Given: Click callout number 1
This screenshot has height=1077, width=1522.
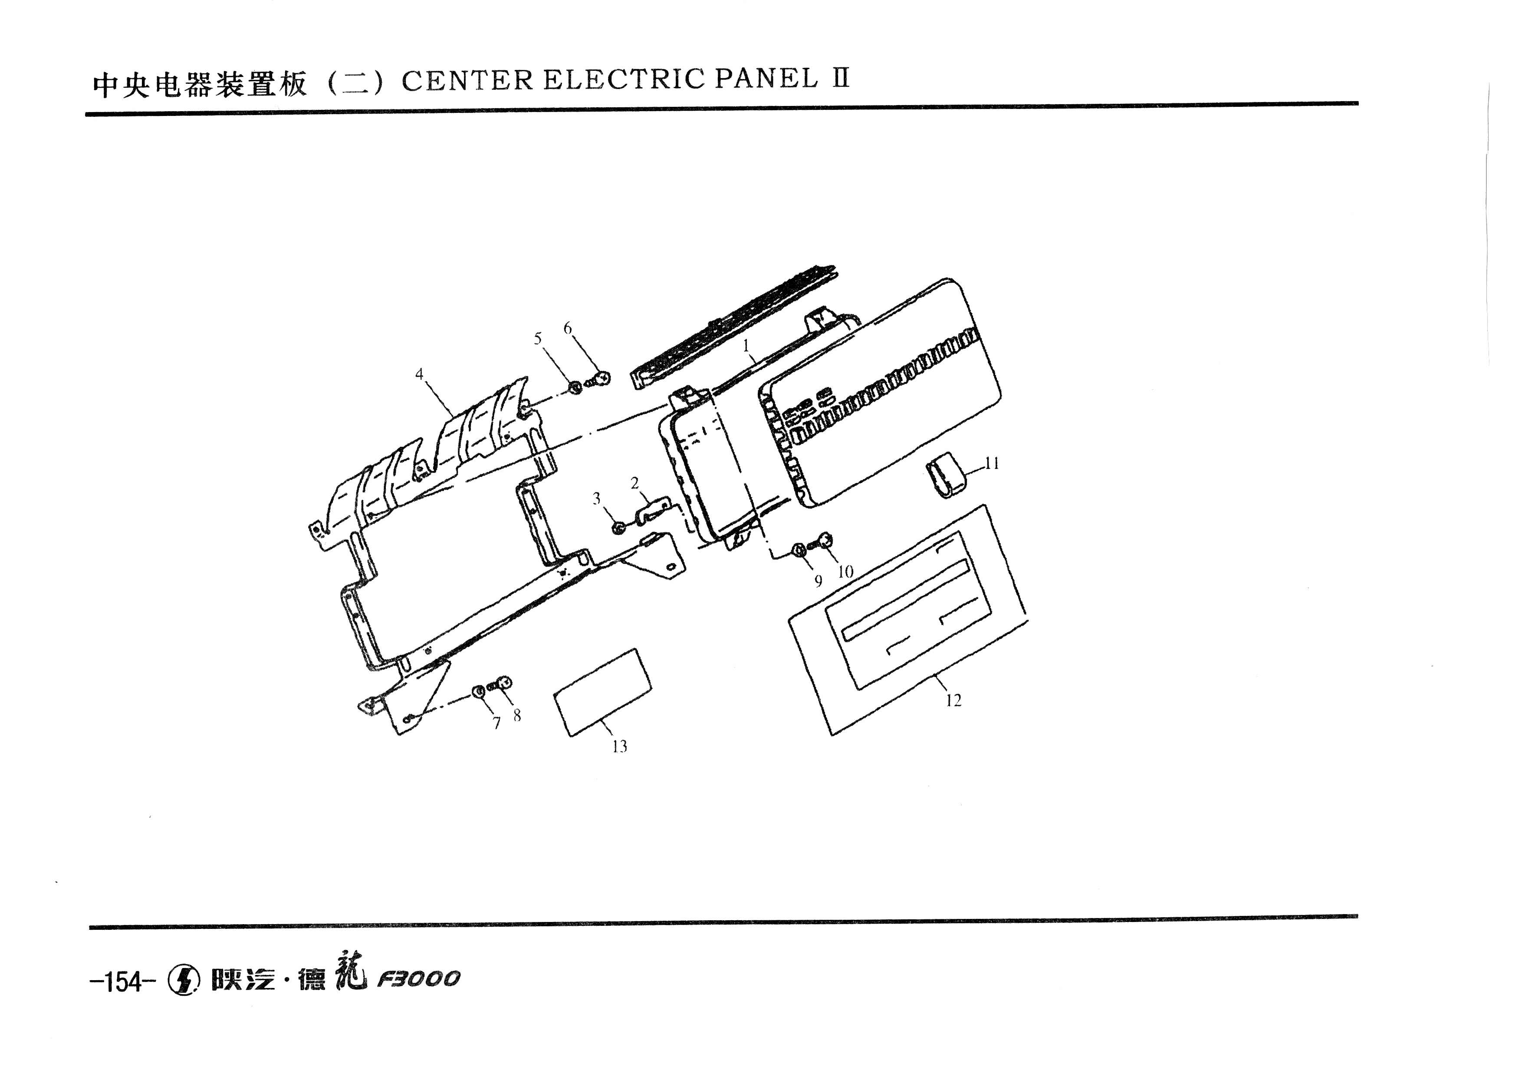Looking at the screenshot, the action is point(746,346).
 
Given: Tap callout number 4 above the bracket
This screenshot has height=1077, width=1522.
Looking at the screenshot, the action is point(419,374).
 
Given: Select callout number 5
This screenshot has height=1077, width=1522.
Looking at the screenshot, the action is point(538,339).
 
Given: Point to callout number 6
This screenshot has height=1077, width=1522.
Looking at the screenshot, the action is point(567,328).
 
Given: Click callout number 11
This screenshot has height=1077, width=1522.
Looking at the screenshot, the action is point(992,463).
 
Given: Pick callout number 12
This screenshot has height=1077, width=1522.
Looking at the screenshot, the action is point(953,700).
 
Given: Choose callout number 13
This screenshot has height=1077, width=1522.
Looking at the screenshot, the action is point(619,747).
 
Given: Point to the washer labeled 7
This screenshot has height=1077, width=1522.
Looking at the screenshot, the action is point(478,692).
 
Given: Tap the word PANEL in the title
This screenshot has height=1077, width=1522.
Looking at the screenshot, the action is point(766,79).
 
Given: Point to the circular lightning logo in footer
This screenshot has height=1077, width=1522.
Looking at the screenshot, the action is point(184,980).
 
